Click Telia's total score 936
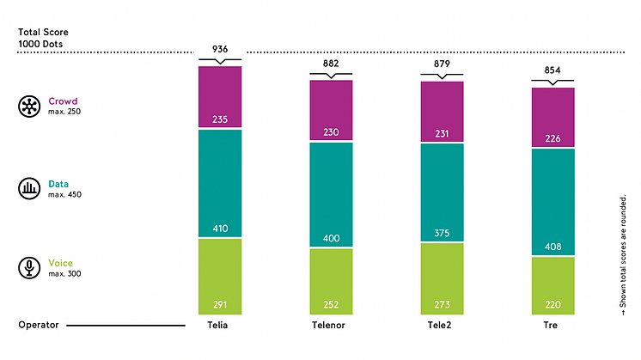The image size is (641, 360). pyautogui.click(x=220, y=50)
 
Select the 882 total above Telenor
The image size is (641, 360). pyautogui.click(x=331, y=64)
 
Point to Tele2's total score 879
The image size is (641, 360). pyautogui.click(x=442, y=64)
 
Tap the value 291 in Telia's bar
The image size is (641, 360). pyautogui.click(x=220, y=303)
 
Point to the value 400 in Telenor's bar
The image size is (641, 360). pyautogui.click(x=331, y=237)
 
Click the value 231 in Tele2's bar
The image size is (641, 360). pyautogui.click(x=442, y=133)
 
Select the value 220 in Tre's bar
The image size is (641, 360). pyautogui.click(x=552, y=303)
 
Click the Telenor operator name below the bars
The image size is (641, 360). pyautogui.click(x=331, y=326)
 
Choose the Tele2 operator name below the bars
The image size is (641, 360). pyautogui.click(x=442, y=326)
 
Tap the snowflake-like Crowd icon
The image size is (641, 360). pyautogui.click(x=29, y=107)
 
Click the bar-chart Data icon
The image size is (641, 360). pyautogui.click(x=29, y=188)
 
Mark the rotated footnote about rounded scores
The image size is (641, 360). pyautogui.click(x=624, y=258)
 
